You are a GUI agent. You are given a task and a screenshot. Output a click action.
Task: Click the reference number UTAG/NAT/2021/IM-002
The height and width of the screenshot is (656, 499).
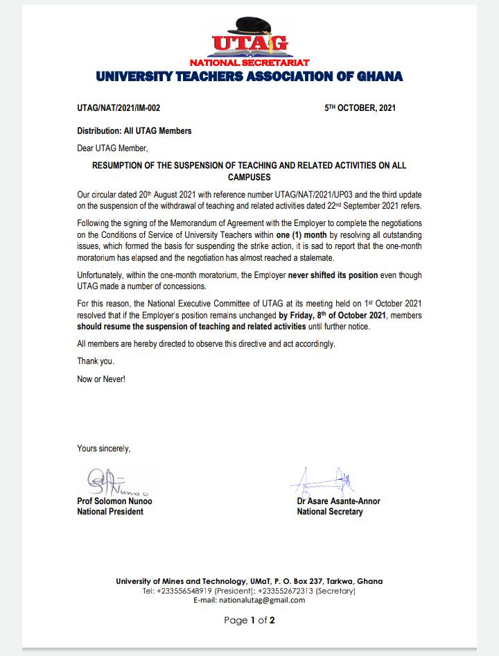click(x=119, y=109)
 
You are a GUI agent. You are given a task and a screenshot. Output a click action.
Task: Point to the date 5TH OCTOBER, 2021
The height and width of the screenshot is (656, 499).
click(x=360, y=109)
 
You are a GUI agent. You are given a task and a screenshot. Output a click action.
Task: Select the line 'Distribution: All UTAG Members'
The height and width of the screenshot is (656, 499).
click(x=134, y=130)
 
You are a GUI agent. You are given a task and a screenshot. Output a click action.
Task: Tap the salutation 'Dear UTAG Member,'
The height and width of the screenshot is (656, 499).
click(x=112, y=148)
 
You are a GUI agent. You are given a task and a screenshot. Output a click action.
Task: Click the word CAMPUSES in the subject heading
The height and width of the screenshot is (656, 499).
click(x=249, y=178)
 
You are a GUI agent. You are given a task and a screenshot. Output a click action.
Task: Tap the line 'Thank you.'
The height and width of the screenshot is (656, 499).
click(x=96, y=361)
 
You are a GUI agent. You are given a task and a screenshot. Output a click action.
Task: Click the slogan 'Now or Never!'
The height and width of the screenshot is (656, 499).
click(x=101, y=379)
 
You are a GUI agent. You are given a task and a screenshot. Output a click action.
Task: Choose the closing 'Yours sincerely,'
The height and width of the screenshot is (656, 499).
click(x=103, y=449)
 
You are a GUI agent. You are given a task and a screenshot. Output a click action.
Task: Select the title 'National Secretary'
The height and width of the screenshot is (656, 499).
click(x=329, y=512)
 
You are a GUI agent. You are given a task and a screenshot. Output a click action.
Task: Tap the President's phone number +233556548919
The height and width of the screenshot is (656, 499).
click(x=186, y=591)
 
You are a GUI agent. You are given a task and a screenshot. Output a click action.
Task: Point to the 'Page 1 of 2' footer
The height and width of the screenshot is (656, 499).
click(x=249, y=621)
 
